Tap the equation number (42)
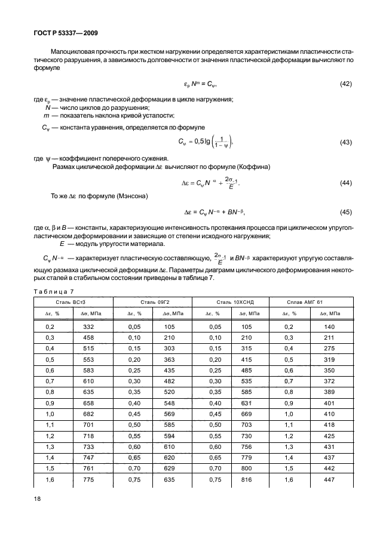click(345, 84)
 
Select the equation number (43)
click(345, 142)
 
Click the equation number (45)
click(345, 211)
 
